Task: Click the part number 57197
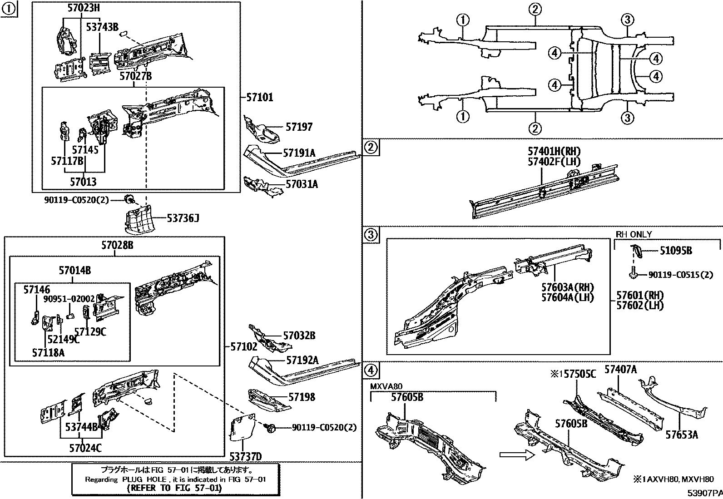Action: [x=299, y=127]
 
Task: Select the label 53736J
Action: [x=183, y=219]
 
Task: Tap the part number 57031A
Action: [x=302, y=184]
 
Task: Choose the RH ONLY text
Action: [x=634, y=234]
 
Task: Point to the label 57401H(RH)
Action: [x=554, y=152]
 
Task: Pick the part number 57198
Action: [x=302, y=397]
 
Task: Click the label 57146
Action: [x=37, y=290]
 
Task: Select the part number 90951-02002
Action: [x=69, y=299]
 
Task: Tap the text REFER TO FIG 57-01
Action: [x=174, y=488]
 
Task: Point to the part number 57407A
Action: [x=620, y=370]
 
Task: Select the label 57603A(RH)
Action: [x=567, y=287]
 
